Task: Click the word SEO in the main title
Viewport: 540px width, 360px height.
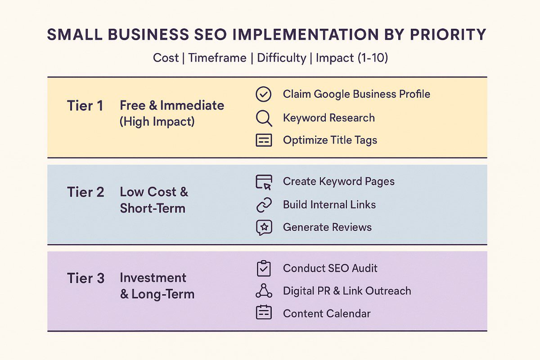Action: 210,35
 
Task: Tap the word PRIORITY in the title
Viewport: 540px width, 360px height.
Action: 448,35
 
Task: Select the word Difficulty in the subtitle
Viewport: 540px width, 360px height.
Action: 282,58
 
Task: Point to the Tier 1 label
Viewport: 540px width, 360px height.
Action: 85,106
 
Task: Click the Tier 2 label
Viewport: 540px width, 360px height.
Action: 85,192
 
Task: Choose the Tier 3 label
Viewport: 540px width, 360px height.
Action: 85,278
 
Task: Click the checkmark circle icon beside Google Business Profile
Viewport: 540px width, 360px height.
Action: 264,94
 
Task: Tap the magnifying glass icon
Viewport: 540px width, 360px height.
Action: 264,118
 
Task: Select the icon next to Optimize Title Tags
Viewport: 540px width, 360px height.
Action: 264,140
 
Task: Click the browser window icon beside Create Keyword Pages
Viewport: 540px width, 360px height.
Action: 264,182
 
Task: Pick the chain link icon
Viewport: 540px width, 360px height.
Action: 264,205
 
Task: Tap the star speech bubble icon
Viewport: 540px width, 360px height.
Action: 264,228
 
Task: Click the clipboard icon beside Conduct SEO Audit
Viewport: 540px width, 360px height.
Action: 264,268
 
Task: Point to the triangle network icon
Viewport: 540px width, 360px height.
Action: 264,291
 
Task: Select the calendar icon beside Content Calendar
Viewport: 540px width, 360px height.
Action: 264,312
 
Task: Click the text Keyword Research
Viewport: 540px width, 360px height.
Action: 329,118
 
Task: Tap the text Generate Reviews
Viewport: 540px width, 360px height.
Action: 327,227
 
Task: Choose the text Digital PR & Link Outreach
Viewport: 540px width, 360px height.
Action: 347,291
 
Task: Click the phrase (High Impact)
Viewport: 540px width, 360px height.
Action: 157,121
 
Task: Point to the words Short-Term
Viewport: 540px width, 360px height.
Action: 153,208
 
